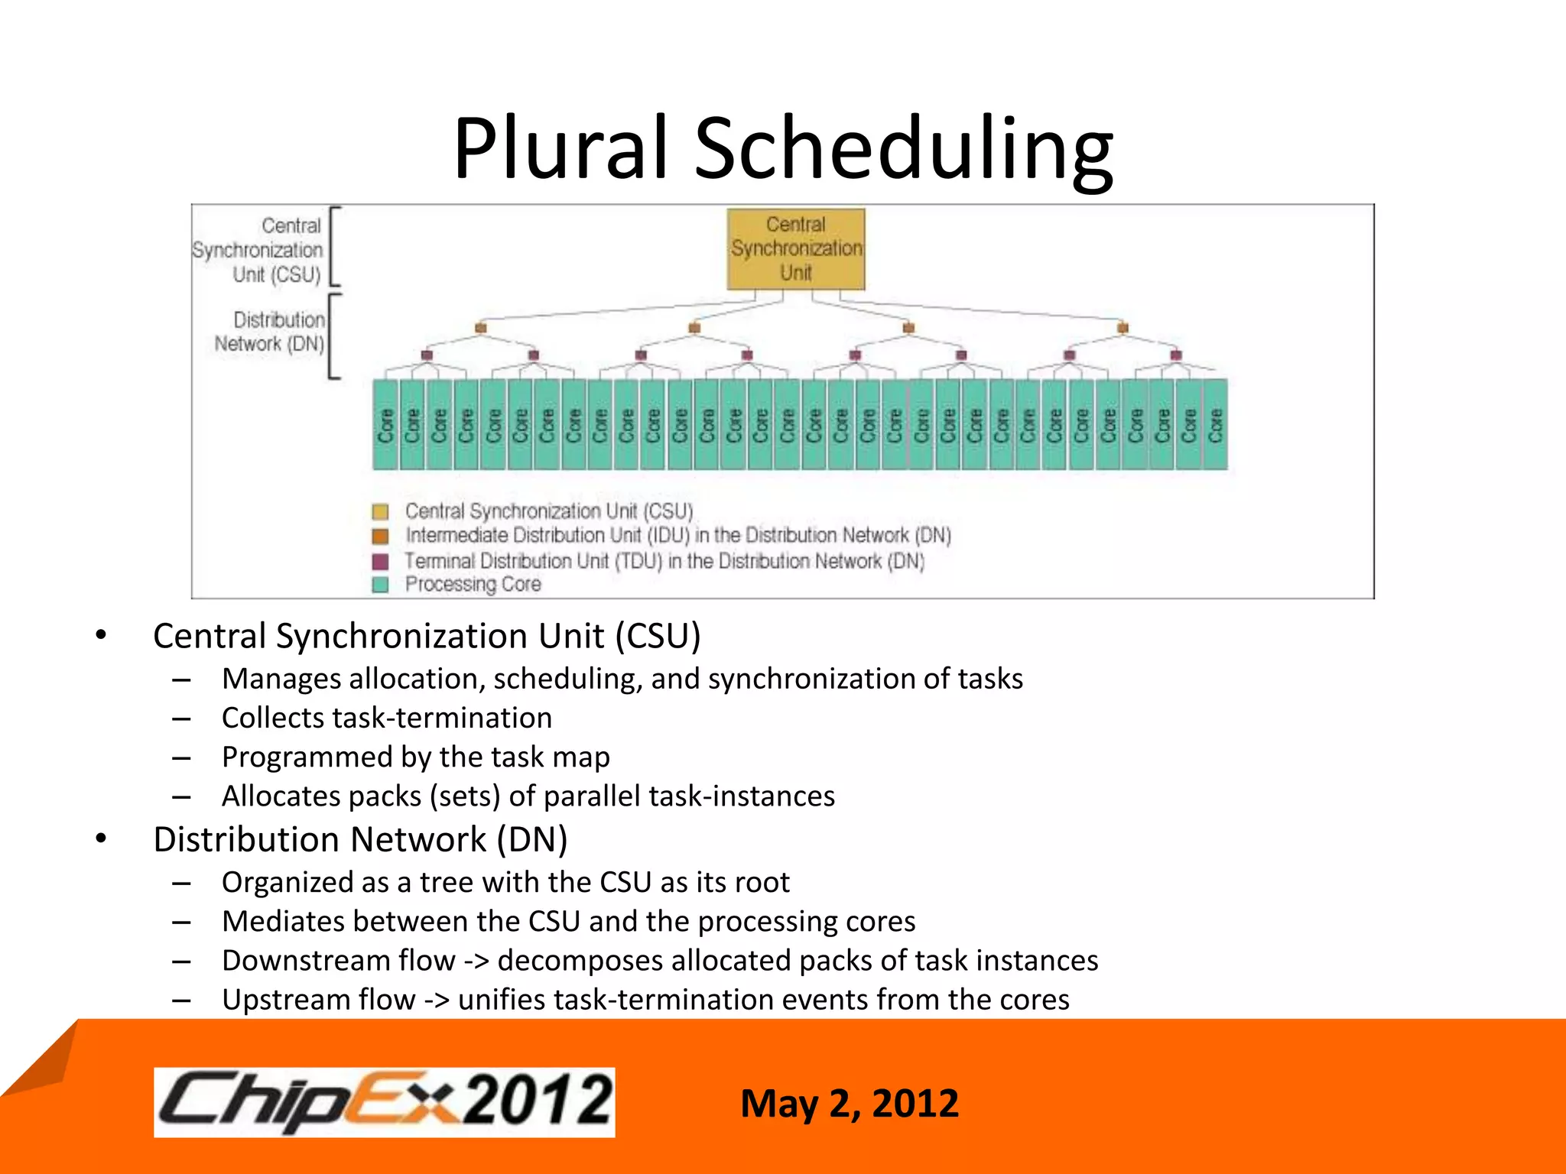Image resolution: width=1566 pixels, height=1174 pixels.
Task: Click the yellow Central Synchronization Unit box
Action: pyautogui.click(x=795, y=249)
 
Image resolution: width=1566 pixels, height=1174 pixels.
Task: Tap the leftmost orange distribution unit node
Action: pyautogui.click(x=480, y=328)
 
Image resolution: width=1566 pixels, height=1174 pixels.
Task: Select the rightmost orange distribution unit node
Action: pyautogui.click(x=1123, y=328)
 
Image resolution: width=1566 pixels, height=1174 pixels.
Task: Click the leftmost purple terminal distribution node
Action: pyautogui.click(x=427, y=355)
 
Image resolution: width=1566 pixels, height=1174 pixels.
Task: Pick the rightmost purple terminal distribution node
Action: pyautogui.click(x=1176, y=355)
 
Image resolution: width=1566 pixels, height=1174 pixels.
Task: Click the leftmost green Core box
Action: pyautogui.click(x=385, y=424)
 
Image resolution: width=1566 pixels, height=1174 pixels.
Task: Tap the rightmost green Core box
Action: pyautogui.click(x=1215, y=424)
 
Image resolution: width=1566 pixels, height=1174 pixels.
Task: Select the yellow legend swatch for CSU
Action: pyautogui.click(x=380, y=511)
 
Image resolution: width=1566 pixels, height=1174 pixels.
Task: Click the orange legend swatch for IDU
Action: pyautogui.click(x=380, y=536)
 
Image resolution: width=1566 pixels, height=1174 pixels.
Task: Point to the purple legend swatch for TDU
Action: pyautogui.click(x=380, y=562)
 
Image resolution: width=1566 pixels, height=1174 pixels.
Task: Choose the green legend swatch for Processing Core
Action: pyautogui.click(x=380, y=585)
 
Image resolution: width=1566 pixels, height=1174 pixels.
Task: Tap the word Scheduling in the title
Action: pyautogui.click(x=903, y=149)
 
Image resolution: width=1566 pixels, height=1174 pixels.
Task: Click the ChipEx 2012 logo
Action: pyautogui.click(x=384, y=1101)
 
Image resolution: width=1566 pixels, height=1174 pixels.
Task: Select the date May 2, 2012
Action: pyautogui.click(x=849, y=1104)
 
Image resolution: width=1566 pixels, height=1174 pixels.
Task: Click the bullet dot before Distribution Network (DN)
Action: pyautogui.click(x=101, y=838)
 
